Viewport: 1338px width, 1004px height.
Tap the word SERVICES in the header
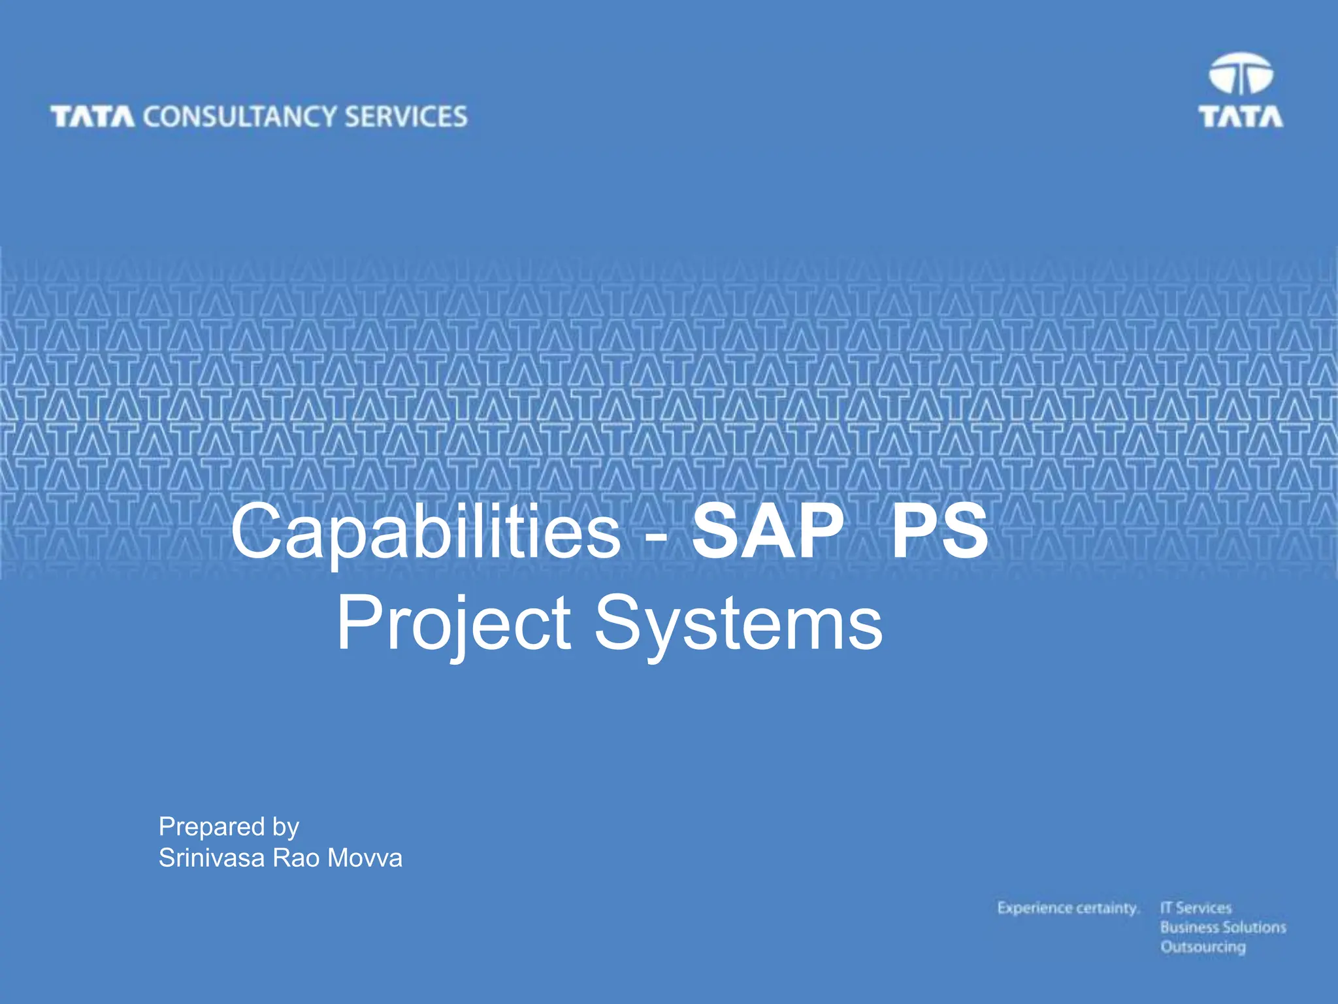click(x=406, y=116)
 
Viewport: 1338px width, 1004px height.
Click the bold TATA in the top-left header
click(x=92, y=117)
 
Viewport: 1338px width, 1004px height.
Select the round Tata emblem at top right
click(x=1241, y=74)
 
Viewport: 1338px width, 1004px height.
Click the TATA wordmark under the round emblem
click(x=1240, y=116)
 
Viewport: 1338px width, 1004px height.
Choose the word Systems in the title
click(x=738, y=624)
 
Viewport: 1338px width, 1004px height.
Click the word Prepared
click(x=206, y=827)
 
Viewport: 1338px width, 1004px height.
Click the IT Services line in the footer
click(x=1196, y=908)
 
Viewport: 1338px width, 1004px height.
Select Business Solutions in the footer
click(x=1223, y=928)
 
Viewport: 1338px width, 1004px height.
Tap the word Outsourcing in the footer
click(x=1203, y=947)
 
